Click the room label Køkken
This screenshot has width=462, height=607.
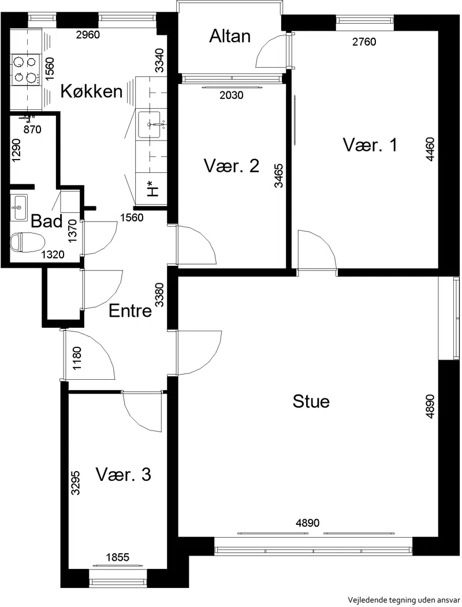92,91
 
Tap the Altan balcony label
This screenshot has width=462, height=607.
230,36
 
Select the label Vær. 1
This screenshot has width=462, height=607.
370,145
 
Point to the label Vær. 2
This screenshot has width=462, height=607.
231,166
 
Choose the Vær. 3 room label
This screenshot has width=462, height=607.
124,474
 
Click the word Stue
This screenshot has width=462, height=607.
311,401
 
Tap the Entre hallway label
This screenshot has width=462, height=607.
131,310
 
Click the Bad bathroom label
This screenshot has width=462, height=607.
47,221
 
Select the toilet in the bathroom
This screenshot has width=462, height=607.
27,242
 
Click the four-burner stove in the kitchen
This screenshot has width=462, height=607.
26,69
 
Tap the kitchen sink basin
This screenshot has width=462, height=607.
149,124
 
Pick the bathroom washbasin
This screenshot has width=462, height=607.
18,208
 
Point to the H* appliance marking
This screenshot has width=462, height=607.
153,188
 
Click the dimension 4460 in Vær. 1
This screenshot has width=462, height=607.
430,149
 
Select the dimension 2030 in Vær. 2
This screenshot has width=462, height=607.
232,95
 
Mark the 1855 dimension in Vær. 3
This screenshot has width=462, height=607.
118,557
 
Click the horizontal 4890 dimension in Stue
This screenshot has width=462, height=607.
308,523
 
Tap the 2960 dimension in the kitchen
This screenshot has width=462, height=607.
88,35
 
